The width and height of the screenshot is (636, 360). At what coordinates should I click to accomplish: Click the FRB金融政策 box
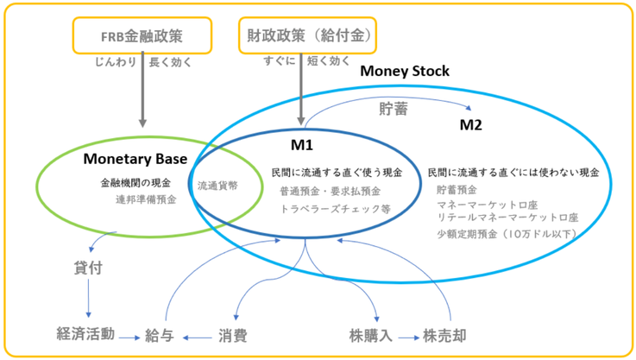pyautogui.click(x=142, y=35)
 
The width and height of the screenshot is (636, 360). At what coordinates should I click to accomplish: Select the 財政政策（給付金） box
pyautogui.click(x=307, y=35)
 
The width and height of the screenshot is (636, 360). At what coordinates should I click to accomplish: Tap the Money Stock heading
pyautogui.click(x=405, y=71)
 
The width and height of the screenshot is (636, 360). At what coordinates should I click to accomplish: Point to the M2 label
pyautogui.click(x=470, y=124)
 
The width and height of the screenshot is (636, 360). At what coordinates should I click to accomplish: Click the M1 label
pyautogui.click(x=302, y=145)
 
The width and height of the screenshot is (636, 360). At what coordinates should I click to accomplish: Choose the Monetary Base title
pyautogui.click(x=135, y=159)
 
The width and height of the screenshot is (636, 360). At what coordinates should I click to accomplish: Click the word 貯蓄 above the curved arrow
pyautogui.click(x=393, y=109)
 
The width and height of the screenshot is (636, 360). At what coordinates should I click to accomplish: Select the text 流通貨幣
pyautogui.click(x=217, y=186)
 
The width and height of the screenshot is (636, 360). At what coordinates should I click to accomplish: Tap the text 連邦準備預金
pyautogui.click(x=146, y=199)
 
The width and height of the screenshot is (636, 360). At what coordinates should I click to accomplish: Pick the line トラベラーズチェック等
pyautogui.click(x=336, y=209)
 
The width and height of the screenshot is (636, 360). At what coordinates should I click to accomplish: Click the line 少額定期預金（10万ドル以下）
pyautogui.click(x=507, y=234)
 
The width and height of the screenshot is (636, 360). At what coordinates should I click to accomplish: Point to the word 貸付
pyautogui.click(x=88, y=268)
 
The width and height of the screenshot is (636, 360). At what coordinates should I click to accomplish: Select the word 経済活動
pyautogui.click(x=85, y=334)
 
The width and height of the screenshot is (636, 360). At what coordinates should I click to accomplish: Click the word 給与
pyautogui.click(x=160, y=336)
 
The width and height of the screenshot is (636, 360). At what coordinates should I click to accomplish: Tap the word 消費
pyautogui.click(x=233, y=336)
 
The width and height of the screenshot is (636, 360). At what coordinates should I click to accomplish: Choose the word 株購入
pyautogui.click(x=371, y=336)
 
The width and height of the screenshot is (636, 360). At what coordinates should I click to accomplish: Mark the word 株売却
pyautogui.click(x=444, y=336)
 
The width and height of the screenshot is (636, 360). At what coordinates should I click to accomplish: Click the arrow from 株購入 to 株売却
pyautogui.click(x=409, y=338)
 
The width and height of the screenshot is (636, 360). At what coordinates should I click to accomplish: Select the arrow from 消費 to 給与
pyautogui.click(x=197, y=338)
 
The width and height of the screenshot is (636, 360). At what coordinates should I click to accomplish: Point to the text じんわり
pyautogui.click(x=116, y=62)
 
